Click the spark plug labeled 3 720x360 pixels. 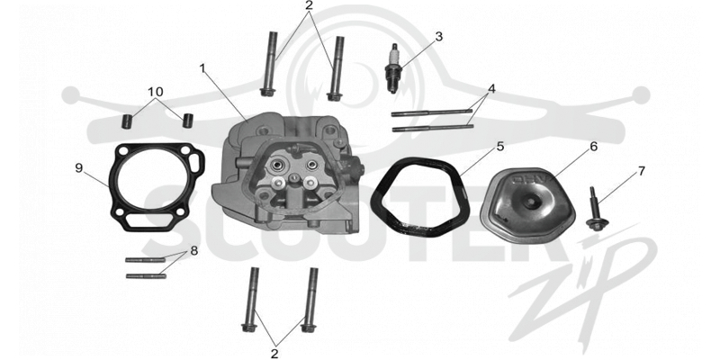393,67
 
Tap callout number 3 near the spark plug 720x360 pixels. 439,37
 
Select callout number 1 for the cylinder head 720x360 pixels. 203,68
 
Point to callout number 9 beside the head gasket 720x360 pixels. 79,168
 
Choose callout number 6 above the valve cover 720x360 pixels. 594,147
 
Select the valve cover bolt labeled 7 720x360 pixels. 596,210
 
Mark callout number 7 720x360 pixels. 641,171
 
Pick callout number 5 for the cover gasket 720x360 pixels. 500,147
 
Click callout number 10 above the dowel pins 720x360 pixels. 156,92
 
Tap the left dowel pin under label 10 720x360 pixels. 126,121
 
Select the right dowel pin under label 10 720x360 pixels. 187,121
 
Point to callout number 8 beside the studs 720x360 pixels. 194,251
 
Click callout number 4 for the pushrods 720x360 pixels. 491,88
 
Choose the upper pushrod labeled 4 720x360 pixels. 432,112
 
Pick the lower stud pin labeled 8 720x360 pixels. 146,276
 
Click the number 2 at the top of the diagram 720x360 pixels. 309,5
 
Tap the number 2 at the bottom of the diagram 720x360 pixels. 274,354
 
